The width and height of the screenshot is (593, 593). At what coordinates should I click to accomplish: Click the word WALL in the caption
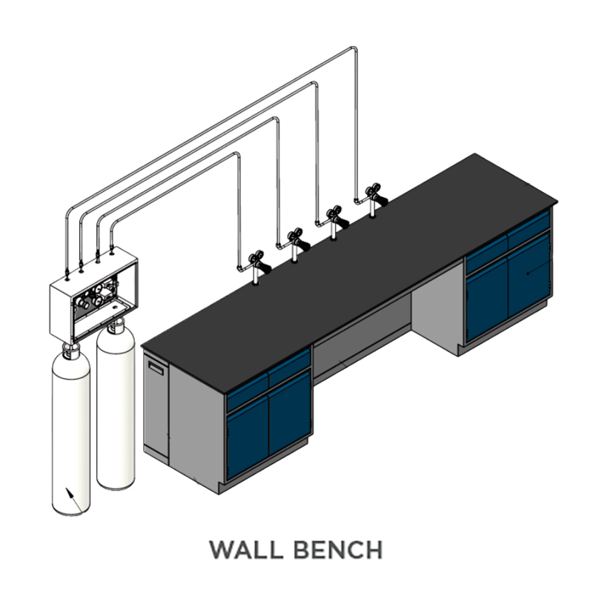pos(246,549)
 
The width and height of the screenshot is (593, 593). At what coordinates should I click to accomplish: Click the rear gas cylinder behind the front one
pos(116,408)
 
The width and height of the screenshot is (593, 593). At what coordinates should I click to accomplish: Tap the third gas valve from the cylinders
pos(336,222)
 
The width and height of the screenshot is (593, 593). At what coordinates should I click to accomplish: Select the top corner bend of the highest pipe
pos(354,49)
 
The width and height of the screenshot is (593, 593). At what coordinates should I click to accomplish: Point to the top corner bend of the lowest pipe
pos(236,155)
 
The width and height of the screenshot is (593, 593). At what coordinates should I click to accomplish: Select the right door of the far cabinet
pos(529,274)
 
